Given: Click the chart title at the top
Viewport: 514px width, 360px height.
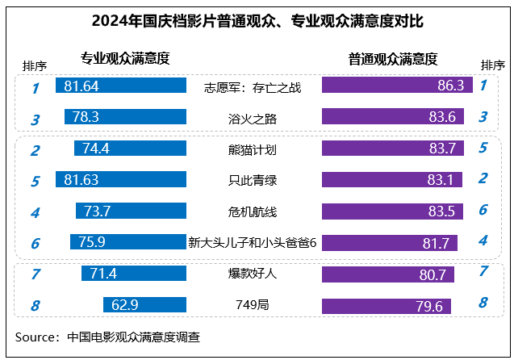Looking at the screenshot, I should pyautogui.click(x=257, y=19).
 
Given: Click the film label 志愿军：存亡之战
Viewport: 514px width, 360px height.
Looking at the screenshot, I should pyautogui.click(x=253, y=87).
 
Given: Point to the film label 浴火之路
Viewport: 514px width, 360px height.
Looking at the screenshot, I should pyautogui.click(x=253, y=119).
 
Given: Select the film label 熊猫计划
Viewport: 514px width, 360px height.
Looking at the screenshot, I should pyautogui.click(x=253, y=149).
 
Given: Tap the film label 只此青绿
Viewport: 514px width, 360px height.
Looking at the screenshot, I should pyautogui.click(x=253, y=180).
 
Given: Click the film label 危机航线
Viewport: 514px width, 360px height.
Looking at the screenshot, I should pyautogui.click(x=253, y=211).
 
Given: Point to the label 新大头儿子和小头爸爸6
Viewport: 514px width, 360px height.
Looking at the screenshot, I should pyautogui.click(x=253, y=242).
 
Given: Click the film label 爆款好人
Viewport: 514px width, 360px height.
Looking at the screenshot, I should pyautogui.click(x=253, y=274).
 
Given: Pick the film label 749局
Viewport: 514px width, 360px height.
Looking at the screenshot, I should pyautogui.click(x=253, y=305).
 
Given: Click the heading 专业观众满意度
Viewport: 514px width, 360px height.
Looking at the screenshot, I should pyautogui.click(x=125, y=58).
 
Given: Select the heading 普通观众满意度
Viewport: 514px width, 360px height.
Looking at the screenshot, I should pyautogui.click(x=393, y=58).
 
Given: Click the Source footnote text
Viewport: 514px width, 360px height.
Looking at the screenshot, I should pyautogui.click(x=107, y=336).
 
